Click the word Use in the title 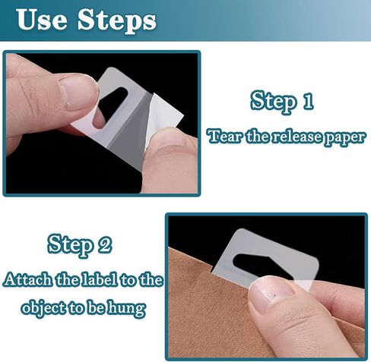pyautogui.click(x=43, y=20)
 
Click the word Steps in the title pyautogui.click(x=117, y=21)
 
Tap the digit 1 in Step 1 pyautogui.click(x=308, y=101)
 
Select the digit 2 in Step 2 pyautogui.click(x=104, y=245)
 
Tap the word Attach pyautogui.click(x=28, y=280)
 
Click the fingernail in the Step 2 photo pyautogui.click(x=272, y=294)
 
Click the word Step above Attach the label pyautogui.click(x=70, y=245)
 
